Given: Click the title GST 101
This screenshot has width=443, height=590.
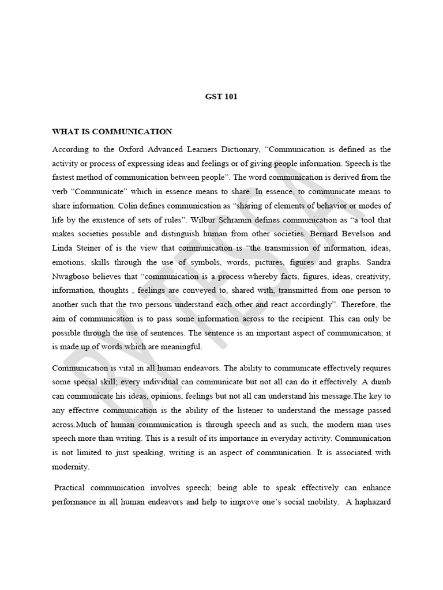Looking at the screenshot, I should point(221,97).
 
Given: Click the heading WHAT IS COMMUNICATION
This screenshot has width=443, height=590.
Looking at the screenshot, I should point(112,132).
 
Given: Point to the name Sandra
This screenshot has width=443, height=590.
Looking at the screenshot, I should point(377,262).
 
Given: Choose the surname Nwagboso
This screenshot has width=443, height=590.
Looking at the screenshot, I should point(73,276).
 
